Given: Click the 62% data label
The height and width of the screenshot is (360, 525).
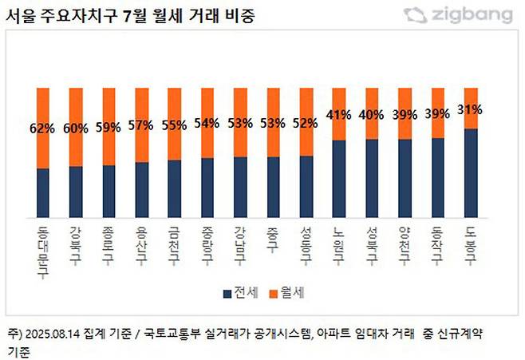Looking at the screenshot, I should point(43,126).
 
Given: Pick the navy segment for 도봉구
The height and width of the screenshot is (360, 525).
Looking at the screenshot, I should point(471,172).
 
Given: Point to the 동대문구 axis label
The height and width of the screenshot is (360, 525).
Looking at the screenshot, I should point(43,251).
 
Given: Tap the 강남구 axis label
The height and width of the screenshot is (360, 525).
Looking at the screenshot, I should point(240,244).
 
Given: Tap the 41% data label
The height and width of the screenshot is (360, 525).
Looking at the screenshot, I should point(339,114).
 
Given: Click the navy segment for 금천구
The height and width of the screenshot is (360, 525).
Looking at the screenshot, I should point(175,188).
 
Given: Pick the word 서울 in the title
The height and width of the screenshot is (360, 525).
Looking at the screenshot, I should point(20,15).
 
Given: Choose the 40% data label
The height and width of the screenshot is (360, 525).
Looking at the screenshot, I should point(372,114).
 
